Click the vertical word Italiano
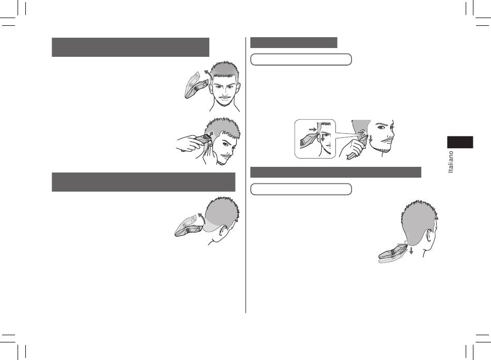point(451,162)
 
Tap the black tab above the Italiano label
point(460,142)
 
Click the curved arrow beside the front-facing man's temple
point(208,75)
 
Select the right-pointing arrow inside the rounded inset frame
point(313,129)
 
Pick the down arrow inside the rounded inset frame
point(323,136)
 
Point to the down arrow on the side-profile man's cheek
point(371,138)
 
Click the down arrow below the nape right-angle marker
point(411,250)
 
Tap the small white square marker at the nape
point(406,243)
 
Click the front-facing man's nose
point(225,92)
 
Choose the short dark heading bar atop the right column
point(294,42)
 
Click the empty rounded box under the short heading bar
point(301,59)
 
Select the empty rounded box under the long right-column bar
point(301,189)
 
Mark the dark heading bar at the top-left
point(130,48)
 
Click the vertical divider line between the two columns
point(246,175)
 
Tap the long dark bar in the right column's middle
point(335,172)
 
